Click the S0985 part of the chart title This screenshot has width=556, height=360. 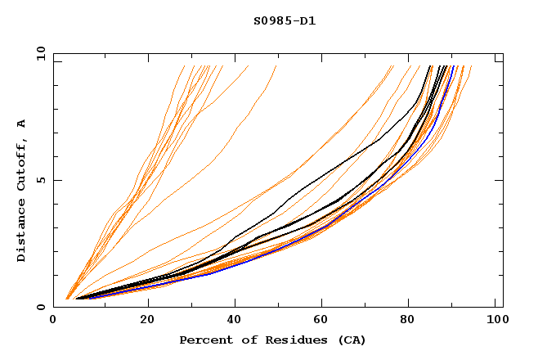click(270, 20)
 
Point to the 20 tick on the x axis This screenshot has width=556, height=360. click(147, 321)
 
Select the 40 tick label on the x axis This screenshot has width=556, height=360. click(235, 321)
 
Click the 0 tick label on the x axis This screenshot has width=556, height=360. click(54, 321)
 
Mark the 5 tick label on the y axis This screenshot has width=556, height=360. click(41, 180)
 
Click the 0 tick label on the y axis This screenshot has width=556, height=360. click(41, 307)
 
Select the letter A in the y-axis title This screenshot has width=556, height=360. click(21, 123)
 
